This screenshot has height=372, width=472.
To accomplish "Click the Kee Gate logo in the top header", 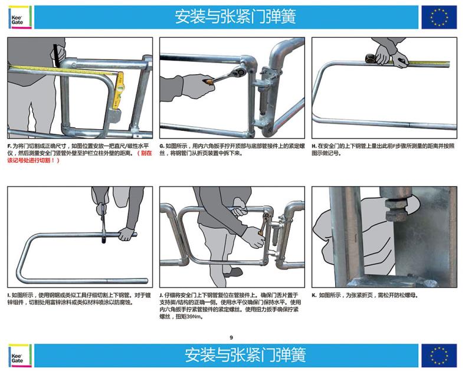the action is click(x=20, y=18).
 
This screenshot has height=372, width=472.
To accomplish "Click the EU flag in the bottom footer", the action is click(x=439, y=355).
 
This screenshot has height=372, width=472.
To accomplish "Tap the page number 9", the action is click(x=231, y=337).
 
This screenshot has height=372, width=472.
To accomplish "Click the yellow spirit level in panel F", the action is click(x=119, y=90).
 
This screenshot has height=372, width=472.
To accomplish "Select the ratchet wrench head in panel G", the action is click(x=243, y=70).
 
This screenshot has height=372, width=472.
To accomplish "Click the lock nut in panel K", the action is click(x=396, y=210).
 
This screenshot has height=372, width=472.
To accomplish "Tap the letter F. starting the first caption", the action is click(x=9, y=146).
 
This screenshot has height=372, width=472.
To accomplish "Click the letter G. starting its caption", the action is click(x=162, y=146).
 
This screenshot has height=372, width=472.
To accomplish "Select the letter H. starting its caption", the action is click(x=314, y=146).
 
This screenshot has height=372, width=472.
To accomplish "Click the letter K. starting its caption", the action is click(x=314, y=295).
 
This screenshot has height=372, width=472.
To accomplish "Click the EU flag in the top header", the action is click(x=439, y=18).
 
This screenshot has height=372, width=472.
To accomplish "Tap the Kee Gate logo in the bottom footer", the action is click(x=20, y=355).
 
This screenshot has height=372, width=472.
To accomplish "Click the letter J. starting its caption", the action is click(x=161, y=295).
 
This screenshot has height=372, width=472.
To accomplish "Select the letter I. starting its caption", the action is click(x=9, y=295).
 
